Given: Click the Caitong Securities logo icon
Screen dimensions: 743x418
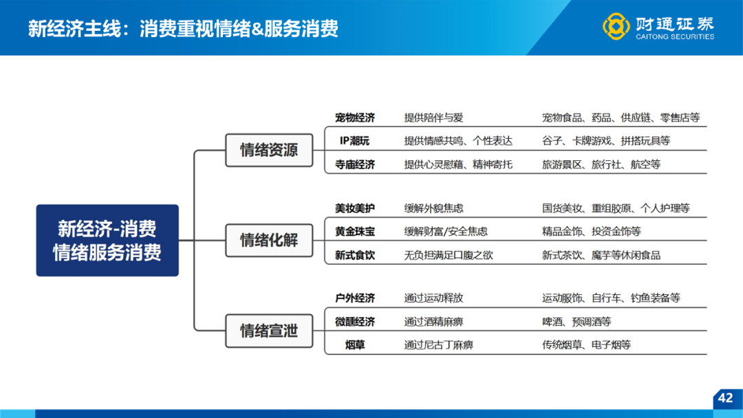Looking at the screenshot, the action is [x=616, y=26].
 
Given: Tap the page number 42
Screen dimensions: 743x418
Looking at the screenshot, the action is [x=725, y=397].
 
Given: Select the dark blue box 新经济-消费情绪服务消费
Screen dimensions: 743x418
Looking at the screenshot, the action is [x=107, y=241].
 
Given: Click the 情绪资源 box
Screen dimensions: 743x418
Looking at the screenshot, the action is [x=269, y=150].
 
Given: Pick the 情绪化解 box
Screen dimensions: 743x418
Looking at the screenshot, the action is [x=269, y=241].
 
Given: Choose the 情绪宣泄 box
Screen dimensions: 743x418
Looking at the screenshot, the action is [x=269, y=331].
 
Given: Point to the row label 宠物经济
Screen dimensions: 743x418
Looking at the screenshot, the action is [x=355, y=118].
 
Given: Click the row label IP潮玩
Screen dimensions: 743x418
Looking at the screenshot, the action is [x=355, y=141].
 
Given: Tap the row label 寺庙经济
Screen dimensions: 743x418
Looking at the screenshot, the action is [x=355, y=164].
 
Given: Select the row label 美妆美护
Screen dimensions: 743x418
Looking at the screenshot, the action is [x=355, y=208].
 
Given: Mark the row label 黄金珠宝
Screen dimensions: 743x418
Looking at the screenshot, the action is [x=355, y=232].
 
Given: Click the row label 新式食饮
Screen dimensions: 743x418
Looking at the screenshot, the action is [x=355, y=255].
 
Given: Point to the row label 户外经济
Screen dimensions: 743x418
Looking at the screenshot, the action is [x=355, y=298].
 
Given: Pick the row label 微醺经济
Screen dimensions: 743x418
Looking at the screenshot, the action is [x=355, y=322].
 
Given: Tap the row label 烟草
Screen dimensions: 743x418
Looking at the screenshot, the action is [x=355, y=345].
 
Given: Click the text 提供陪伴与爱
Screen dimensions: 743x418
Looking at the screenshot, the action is [x=433, y=118].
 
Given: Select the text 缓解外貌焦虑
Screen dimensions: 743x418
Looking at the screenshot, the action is [x=433, y=208].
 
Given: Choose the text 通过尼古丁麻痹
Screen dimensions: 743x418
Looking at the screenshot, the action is [x=439, y=345].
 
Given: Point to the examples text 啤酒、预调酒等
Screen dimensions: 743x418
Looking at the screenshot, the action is [x=577, y=322].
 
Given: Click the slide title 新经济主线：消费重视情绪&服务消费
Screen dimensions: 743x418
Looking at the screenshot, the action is [x=183, y=28].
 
